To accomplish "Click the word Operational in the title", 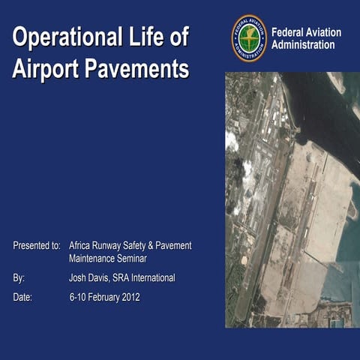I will tap(66, 37).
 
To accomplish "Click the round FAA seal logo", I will tap(249, 38).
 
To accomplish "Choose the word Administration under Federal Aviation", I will tap(303, 45).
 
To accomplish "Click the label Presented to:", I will tap(37, 245).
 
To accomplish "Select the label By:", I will tap(19, 277).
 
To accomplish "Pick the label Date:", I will tap(23, 297).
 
